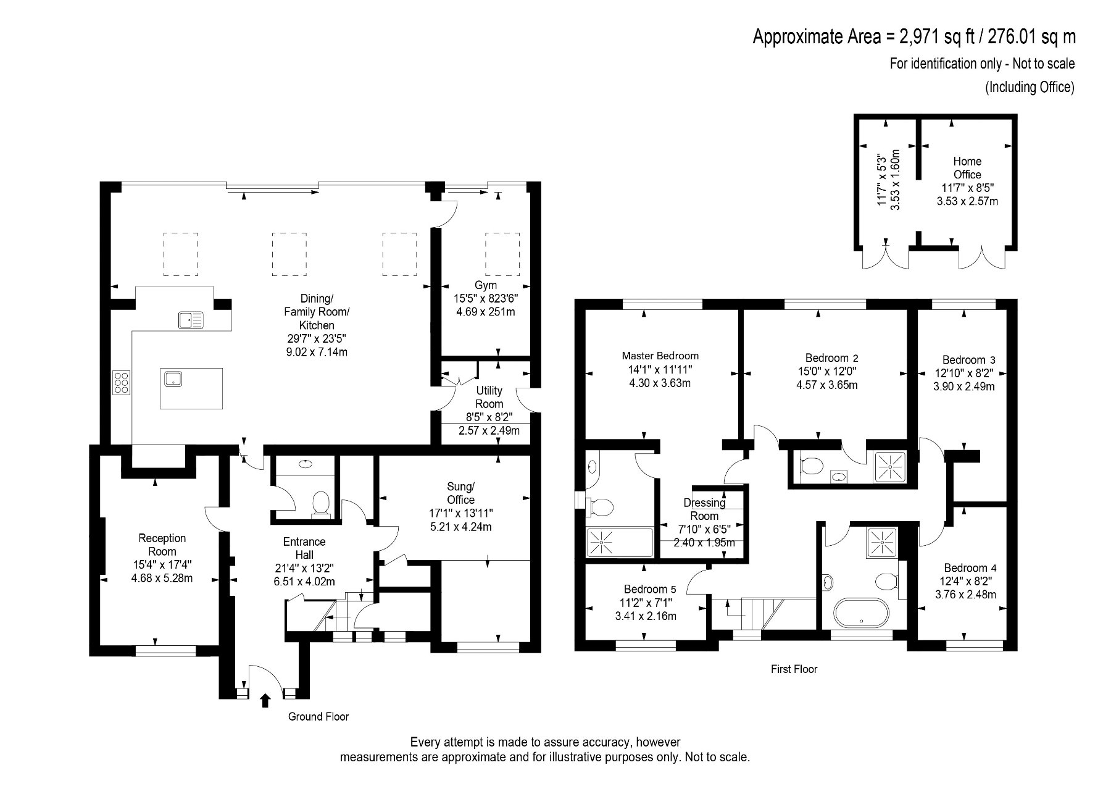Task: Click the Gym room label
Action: point(486,285)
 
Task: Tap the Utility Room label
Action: point(489,397)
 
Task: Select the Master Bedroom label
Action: point(660,356)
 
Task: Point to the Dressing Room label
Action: point(704,509)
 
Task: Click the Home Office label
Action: point(967,168)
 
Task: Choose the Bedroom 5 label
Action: point(650,589)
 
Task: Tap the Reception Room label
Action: point(162,545)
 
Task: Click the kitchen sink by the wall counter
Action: point(191,319)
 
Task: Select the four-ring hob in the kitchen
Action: point(122,382)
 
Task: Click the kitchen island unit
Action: point(191,388)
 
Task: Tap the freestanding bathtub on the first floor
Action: point(862,614)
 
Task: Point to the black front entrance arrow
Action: point(266,700)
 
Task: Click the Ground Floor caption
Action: point(318,717)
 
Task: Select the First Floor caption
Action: point(794,669)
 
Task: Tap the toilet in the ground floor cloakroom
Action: point(321,503)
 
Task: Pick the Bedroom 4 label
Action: point(970,568)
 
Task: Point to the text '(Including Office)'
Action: point(1030,87)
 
